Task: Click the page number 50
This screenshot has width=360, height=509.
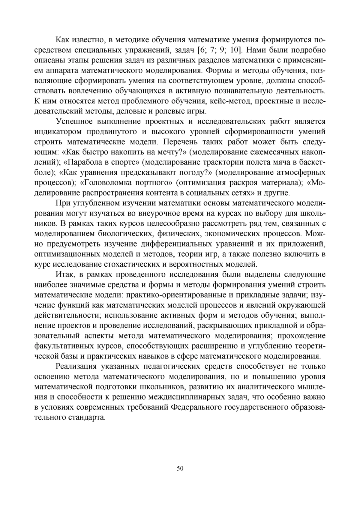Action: [180, 469]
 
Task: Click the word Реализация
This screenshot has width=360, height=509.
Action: [76, 366]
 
